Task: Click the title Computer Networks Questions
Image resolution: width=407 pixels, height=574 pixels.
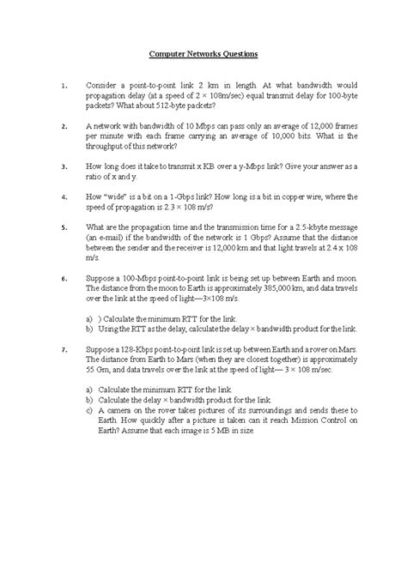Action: (203, 54)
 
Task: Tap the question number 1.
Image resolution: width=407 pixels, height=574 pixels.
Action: (64, 87)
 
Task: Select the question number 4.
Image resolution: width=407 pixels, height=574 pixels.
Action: (64, 197)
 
